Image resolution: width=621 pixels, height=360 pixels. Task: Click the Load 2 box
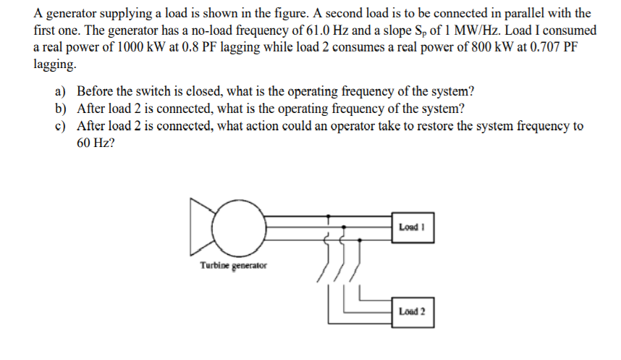pos(413,311)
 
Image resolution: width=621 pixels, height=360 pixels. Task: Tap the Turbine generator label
pos(233,266)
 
